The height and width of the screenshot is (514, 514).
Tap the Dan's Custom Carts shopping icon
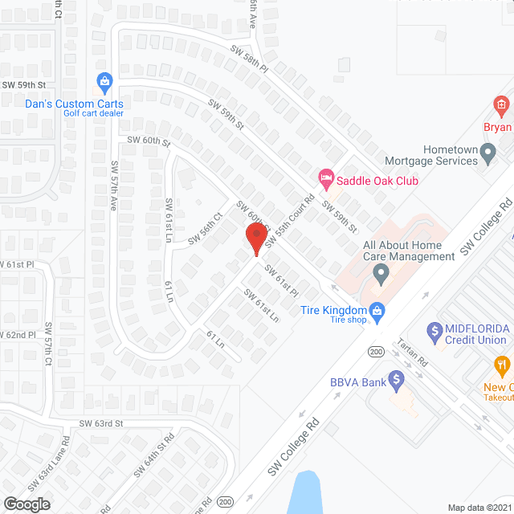[x=104, y=81]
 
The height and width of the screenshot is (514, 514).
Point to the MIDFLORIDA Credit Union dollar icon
[x=434, y=330]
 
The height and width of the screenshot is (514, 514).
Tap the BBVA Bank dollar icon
[x=395, y=378]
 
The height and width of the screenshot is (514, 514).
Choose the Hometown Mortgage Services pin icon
[x=487, y=153]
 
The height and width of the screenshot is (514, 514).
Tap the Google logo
[x=26, y=504]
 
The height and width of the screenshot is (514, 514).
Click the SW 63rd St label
[x=101, y=423]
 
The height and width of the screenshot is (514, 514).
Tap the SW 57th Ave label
[x=113, y=185]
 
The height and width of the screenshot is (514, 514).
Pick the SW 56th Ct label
[x=205, y=228]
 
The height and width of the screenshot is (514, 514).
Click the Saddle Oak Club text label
[x=377, y=181]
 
